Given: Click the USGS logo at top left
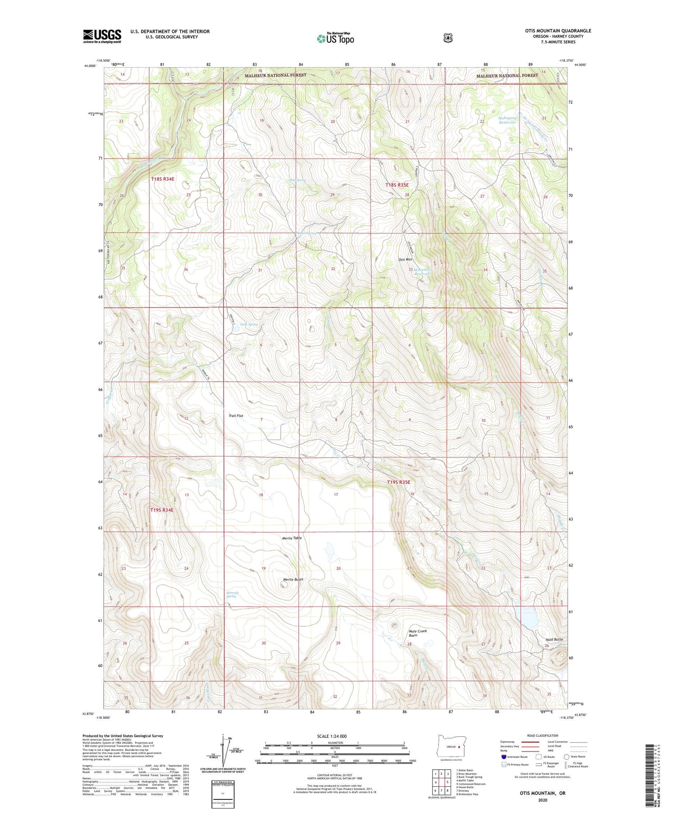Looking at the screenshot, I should (102, 36).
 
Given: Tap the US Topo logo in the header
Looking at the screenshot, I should (335, 38).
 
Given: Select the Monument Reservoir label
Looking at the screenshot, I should (422, 271).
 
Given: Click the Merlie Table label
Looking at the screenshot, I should (292, 538).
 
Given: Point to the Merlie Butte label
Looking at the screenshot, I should (293, 580).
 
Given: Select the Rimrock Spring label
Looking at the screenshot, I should (231, 594).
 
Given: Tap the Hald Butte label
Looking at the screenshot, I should (554, 639).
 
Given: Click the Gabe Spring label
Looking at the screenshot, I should (249, 324).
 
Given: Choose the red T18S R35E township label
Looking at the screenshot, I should (397, 185).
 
